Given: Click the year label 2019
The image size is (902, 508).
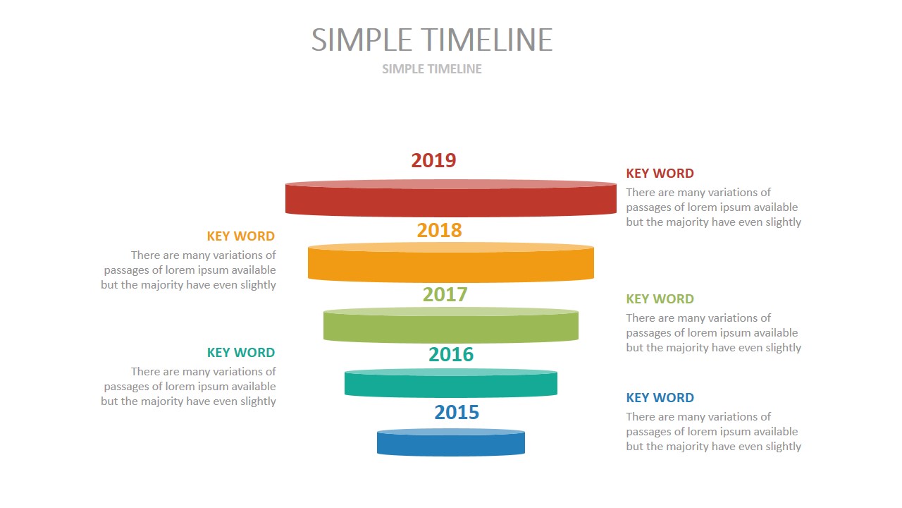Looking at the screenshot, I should [x=433, y=160].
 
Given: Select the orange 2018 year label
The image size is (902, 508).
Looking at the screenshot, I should [x=439, y=230].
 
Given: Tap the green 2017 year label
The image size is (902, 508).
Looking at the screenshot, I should [x=445, y=294].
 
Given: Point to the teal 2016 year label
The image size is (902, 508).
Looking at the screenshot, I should [x=451, y=354].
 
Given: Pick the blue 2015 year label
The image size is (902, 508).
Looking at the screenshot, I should [x=457, y=412].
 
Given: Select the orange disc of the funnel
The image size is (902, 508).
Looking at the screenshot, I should [x=451, y=263].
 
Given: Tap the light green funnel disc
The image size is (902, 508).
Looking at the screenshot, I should [x=451, y=326].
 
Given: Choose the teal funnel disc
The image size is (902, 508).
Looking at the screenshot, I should [x=451, y=383].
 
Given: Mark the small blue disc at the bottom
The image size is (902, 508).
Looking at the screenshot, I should [x=451, y=443].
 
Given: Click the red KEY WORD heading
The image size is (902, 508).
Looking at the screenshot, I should [x=660, y=174].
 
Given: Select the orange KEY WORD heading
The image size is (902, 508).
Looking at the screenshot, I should [x=240, y=236].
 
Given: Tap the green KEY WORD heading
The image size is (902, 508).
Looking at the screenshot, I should [x=660, y=299].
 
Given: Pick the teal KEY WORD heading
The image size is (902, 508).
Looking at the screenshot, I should [x=240, y=353].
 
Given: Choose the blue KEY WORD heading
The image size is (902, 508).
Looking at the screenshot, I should [x=660, y=398].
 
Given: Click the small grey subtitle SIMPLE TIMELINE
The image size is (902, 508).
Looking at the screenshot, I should [x=432, y=69].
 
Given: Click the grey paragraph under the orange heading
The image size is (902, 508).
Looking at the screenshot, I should [x=189, y=270].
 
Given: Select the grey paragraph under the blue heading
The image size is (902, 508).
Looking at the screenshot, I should [x=713, y=432].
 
